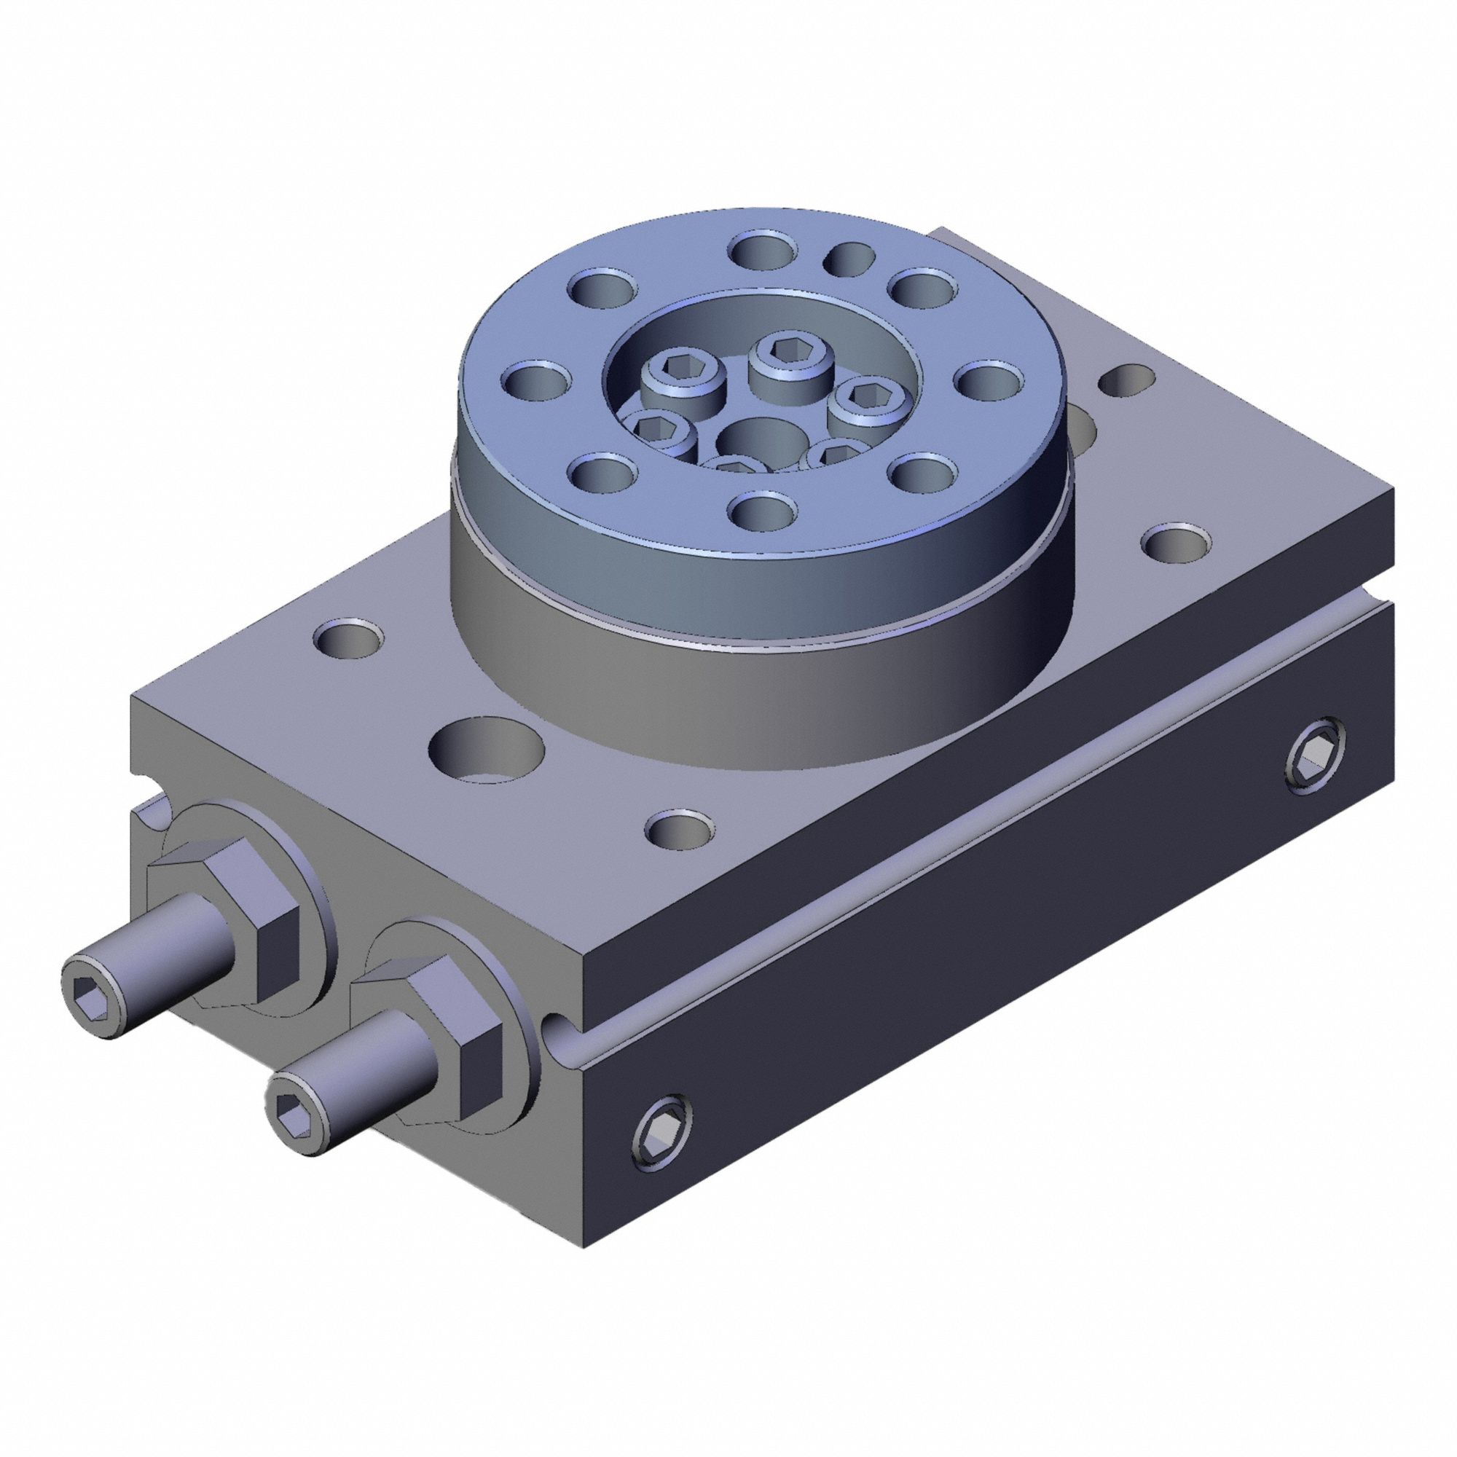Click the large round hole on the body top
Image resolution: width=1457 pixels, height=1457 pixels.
(x=487, y=750)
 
